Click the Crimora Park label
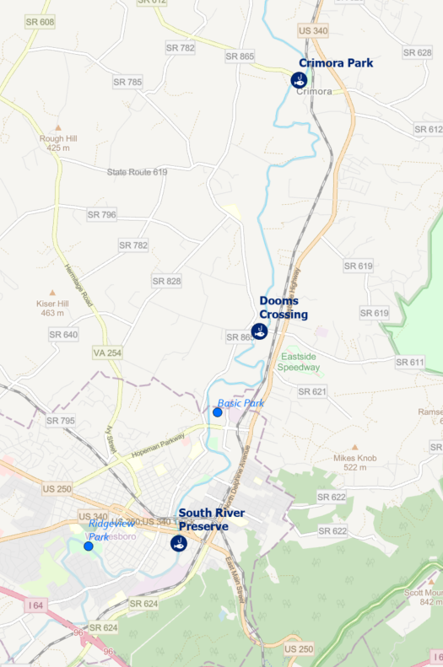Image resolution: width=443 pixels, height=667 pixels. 336,63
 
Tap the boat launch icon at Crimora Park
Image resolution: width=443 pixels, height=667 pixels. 298,80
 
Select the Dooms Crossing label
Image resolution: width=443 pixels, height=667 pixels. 284,308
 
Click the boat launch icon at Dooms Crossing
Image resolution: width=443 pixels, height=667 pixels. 260,331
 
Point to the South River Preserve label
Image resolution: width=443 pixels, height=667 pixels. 211,519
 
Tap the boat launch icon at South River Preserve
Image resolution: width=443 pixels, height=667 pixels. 178,543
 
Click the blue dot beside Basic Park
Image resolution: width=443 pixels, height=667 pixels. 218,412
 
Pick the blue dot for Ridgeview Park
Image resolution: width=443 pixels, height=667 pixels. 89,546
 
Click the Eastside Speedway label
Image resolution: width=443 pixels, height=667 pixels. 300,362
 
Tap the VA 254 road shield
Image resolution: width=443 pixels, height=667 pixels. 108,352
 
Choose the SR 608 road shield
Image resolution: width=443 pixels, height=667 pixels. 40,22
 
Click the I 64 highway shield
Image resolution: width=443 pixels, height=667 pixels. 35,605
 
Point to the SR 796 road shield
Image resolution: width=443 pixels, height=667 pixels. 101,215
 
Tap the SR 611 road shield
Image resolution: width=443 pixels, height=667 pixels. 409,362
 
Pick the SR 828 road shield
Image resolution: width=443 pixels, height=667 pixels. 166,281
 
